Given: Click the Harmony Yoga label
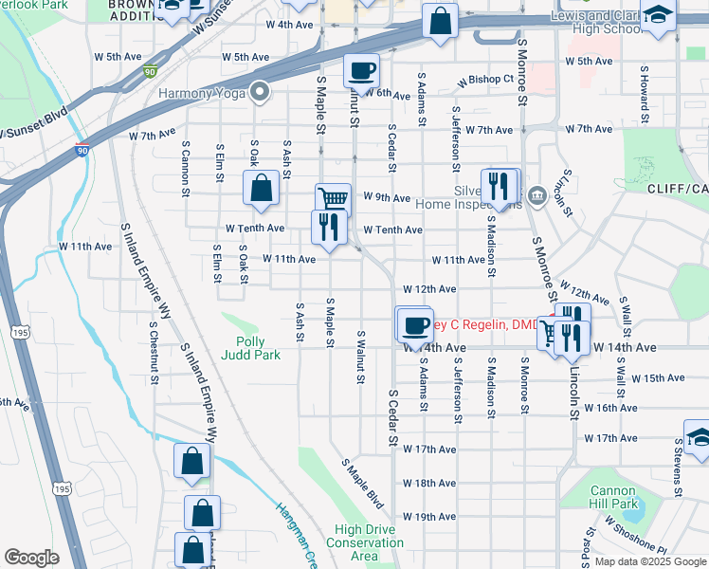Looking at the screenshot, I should point(201,93).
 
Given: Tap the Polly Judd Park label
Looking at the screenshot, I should point(250,348).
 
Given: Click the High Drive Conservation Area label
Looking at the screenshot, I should point(364,542).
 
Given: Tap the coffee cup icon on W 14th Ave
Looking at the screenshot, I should point(413,325).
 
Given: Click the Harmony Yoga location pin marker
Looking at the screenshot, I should point(258,92).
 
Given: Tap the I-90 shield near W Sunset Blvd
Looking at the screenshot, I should point(83,149).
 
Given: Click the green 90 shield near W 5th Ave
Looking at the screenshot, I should point(151,71).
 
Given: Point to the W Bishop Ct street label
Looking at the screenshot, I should point(484,79).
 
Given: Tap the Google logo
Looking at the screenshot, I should point(32,558).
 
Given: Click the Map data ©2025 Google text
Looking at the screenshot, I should point(649,561).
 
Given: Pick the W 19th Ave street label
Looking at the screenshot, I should point(428,517).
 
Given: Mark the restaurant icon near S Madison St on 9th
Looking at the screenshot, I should point(498,185).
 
